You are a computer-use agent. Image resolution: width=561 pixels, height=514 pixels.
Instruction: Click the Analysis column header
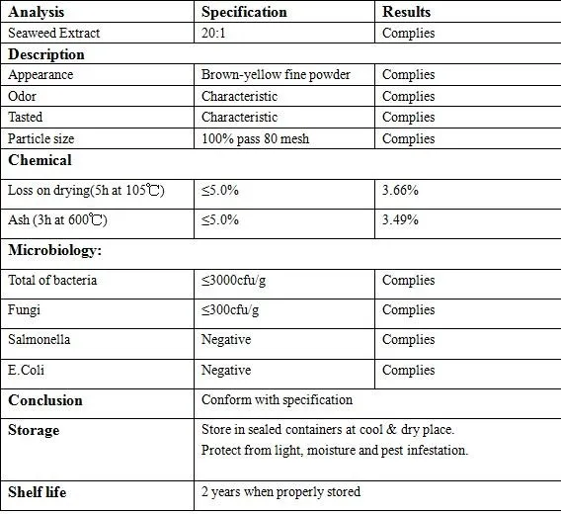point(37,13)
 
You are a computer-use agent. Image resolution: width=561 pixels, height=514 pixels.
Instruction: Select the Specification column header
point(244,13)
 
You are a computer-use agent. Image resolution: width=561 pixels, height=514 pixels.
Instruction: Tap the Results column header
point(406,13)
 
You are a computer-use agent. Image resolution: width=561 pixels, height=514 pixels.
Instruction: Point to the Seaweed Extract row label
point(53,34)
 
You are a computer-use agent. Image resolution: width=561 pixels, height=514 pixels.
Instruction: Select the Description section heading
point(46,54)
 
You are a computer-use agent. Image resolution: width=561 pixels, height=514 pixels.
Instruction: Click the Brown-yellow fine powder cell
point(276,75)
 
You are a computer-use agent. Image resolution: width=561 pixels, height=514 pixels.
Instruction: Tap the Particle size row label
point(40,138)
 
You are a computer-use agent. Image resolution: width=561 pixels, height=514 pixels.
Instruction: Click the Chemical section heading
point(40,160)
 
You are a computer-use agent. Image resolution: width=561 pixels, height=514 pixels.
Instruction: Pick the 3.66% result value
point(400,190)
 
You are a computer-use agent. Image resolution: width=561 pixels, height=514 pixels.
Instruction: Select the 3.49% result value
point(400,219)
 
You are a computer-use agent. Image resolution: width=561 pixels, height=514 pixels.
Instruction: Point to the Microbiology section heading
point(54,250)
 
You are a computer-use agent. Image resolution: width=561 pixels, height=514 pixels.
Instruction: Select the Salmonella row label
point(39,340)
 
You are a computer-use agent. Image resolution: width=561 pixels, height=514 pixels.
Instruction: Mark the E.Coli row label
point(29,371)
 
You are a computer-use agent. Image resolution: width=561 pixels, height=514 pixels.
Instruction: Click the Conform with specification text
point(277,400)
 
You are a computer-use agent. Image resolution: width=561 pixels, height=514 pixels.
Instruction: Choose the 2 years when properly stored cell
point(280,491)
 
